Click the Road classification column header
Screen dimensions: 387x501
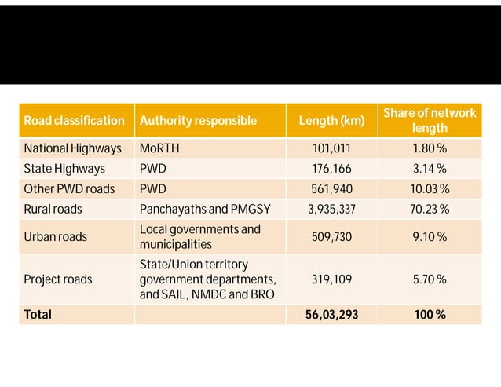(x=74, y=121)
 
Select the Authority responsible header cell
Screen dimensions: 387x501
(x=198, y=121)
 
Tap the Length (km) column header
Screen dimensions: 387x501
(x=331, y=121)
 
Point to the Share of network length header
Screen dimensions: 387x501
(x=430, y=121)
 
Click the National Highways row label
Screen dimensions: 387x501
(x=72, y=148)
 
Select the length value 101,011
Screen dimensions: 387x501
(x=331, y=148)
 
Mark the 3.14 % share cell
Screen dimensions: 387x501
(x=430, y=168)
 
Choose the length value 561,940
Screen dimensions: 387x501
(x=331, y=188)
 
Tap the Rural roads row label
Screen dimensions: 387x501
(x=53, y=209)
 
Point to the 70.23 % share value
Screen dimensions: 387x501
(x=430, y=209)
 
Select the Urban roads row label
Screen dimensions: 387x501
(x=55, y=236)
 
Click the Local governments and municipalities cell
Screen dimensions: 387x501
(x=199, y=236)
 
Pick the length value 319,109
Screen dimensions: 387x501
(x=331, y=279)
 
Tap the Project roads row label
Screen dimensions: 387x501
(x=57, y=279)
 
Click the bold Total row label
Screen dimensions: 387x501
(x=38, y=314)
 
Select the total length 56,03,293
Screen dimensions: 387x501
(x=331, y=314)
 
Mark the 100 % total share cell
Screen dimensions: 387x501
(x=430, y=314)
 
